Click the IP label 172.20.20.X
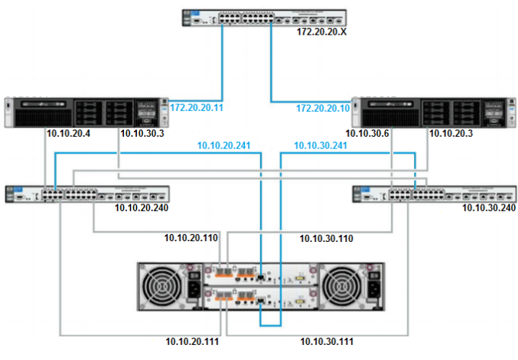(x=322, y=33)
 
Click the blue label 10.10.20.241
(x=223, y=145)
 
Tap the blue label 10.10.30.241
(x=320, y=145)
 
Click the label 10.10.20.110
(x=191, y=237)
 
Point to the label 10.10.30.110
(x=326, y=238)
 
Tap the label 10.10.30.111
(x=326, y=341)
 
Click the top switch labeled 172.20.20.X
(x=264, y=17)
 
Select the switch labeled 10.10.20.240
(x=87, y=194)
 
